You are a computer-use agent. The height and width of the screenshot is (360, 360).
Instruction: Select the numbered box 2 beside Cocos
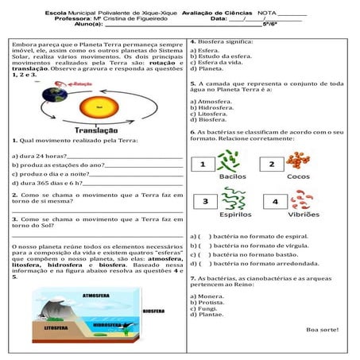tap(272, 165)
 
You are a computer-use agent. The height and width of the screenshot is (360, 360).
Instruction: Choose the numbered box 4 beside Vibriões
tap(276, 202)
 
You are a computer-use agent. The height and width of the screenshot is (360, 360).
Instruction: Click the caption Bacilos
tap(232, 176)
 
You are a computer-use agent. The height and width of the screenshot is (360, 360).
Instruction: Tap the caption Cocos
tap(298, 176)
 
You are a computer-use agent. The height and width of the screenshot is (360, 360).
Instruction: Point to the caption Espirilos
tap(234, 215)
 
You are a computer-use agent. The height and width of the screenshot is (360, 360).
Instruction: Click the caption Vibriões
tap(303, 215)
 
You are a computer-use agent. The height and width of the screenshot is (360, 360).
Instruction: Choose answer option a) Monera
tap(207, 296)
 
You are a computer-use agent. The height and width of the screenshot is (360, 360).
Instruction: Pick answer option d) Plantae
tap(208, 315)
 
